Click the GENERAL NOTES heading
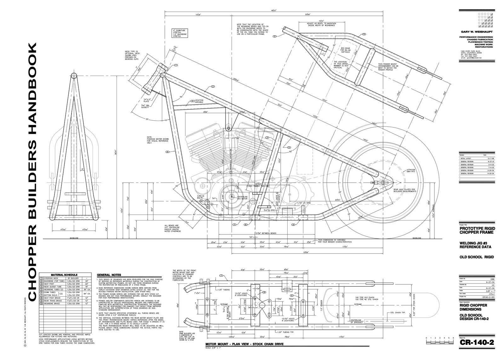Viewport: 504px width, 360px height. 109,275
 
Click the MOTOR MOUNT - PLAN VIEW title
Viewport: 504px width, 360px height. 244,344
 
